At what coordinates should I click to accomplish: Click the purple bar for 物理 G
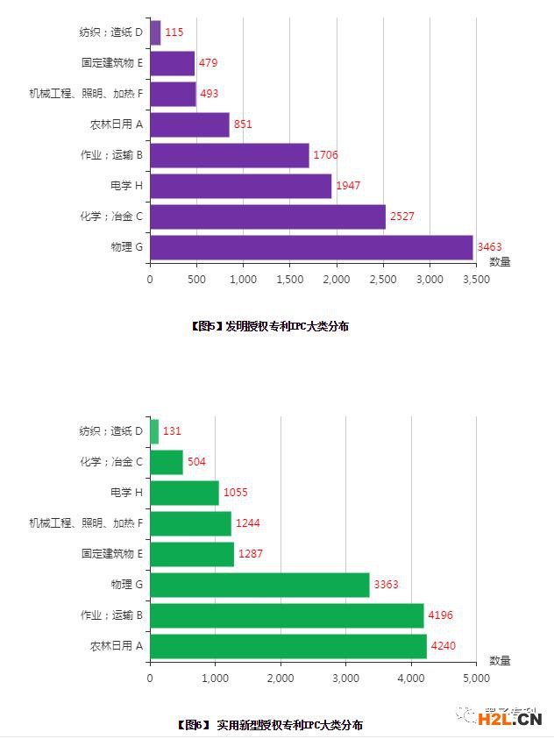click(311, 247)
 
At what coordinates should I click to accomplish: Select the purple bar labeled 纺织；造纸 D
click(155, 32)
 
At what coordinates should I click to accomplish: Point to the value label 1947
click(348, 186)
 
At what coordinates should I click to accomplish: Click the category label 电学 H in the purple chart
click(126, 186)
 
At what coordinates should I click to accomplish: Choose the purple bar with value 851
click(189, 124)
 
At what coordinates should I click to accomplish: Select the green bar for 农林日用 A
click(288, 646)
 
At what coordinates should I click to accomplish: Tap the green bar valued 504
click(167, 462)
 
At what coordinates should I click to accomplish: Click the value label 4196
click(441, 615)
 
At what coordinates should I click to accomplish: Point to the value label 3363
click(387, 585)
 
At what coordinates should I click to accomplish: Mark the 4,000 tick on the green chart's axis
click(410, 678)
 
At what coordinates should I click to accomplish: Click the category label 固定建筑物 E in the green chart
click(111, 554)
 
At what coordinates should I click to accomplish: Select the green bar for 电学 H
click(184, 493)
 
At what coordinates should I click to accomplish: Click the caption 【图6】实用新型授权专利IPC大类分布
click(269, 725)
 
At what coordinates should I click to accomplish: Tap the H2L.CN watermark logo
click(509, 720)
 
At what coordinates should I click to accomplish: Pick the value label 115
click(174, 32)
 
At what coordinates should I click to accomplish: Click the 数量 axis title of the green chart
click(500, 660)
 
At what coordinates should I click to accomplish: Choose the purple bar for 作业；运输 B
click(229, 155)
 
